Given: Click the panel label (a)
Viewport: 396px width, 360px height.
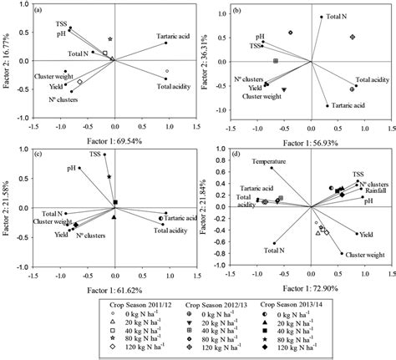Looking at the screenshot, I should click(38, 12).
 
